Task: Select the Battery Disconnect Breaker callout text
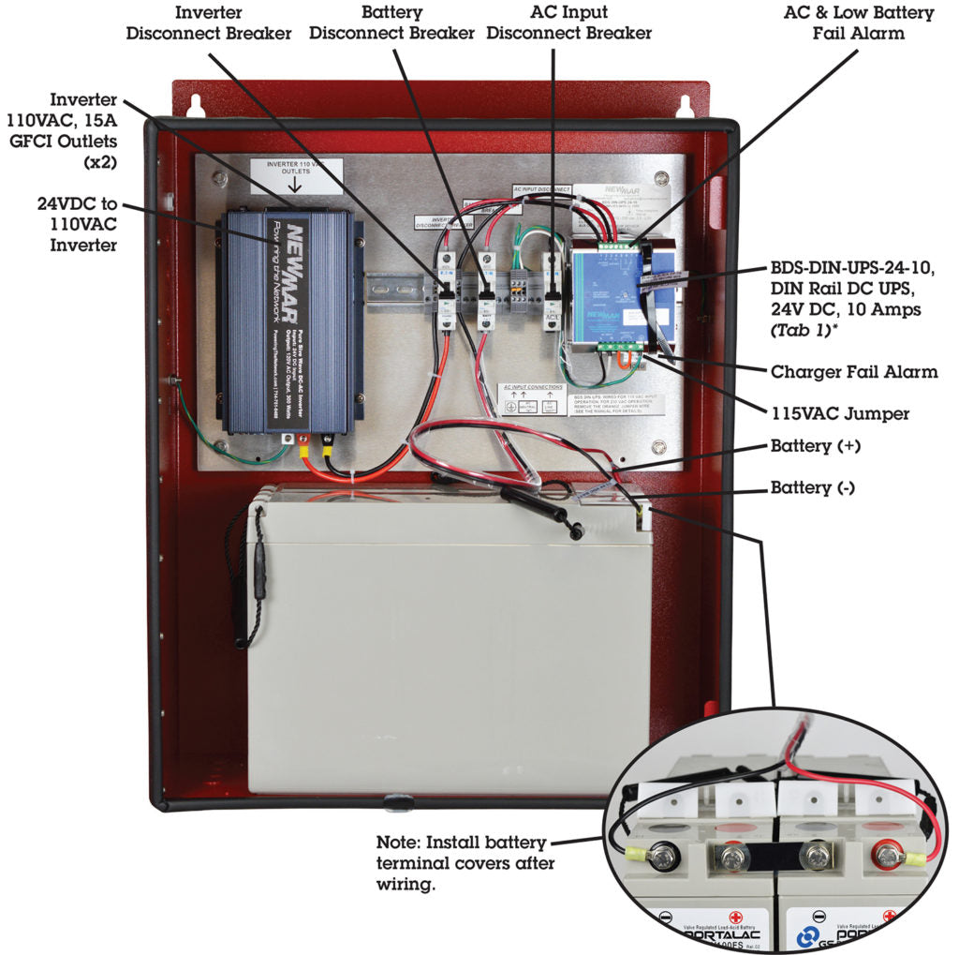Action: pos(391,22)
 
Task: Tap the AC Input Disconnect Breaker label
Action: pos(568,22)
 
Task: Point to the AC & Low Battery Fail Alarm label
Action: pos(858,22)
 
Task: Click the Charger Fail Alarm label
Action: pos(853,372)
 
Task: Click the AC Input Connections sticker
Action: pos(532,398)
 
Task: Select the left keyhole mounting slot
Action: pos(196,105)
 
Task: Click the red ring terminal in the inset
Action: pos(884,855)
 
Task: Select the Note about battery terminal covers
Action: pos(462,862)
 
